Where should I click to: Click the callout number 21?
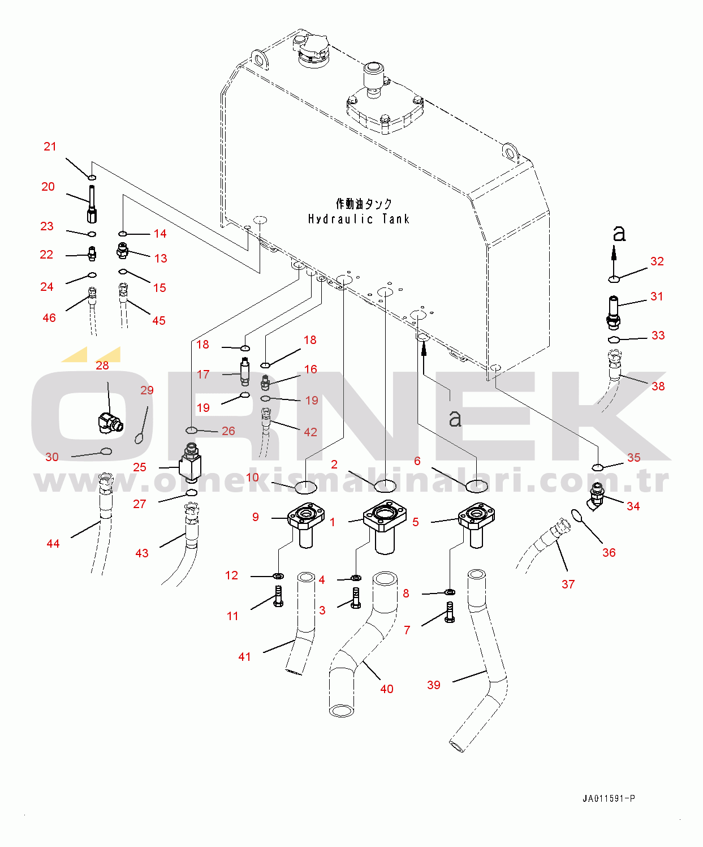click(50, 147)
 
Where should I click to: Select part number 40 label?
click(387, 689)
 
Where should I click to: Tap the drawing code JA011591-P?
click(609, 798)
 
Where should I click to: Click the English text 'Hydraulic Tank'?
click(359, 219)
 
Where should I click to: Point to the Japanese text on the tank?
click(364, 204)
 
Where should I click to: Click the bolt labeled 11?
click(278, 597)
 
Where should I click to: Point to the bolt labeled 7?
click(450, 612)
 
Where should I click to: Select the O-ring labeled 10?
click(305, 487)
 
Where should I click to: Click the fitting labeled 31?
click(614, 311)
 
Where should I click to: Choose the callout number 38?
click(658, 386)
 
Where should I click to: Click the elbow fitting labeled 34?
click(596, 496)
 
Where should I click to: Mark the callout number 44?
click(53, 544)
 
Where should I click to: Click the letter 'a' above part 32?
click(619, 233)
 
